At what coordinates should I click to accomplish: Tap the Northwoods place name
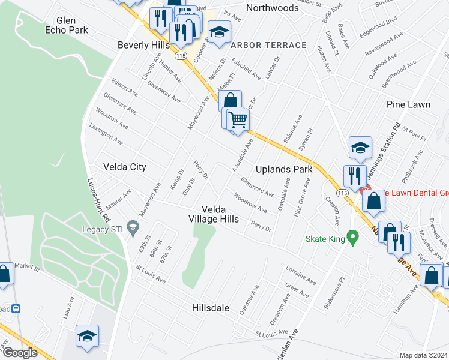[x=272, y=8]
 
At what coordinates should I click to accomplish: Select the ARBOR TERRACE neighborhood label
[x=268, y=45]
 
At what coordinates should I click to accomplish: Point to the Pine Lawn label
[x=408, y=104]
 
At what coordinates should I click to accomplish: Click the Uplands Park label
[x=284, y=169]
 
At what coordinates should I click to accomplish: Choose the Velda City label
[x=125, y=167]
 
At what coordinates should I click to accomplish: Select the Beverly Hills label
[x=144, y=45]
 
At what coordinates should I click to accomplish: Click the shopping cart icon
[x=238, y=119]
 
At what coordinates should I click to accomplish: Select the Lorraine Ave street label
[x=301, y=277]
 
